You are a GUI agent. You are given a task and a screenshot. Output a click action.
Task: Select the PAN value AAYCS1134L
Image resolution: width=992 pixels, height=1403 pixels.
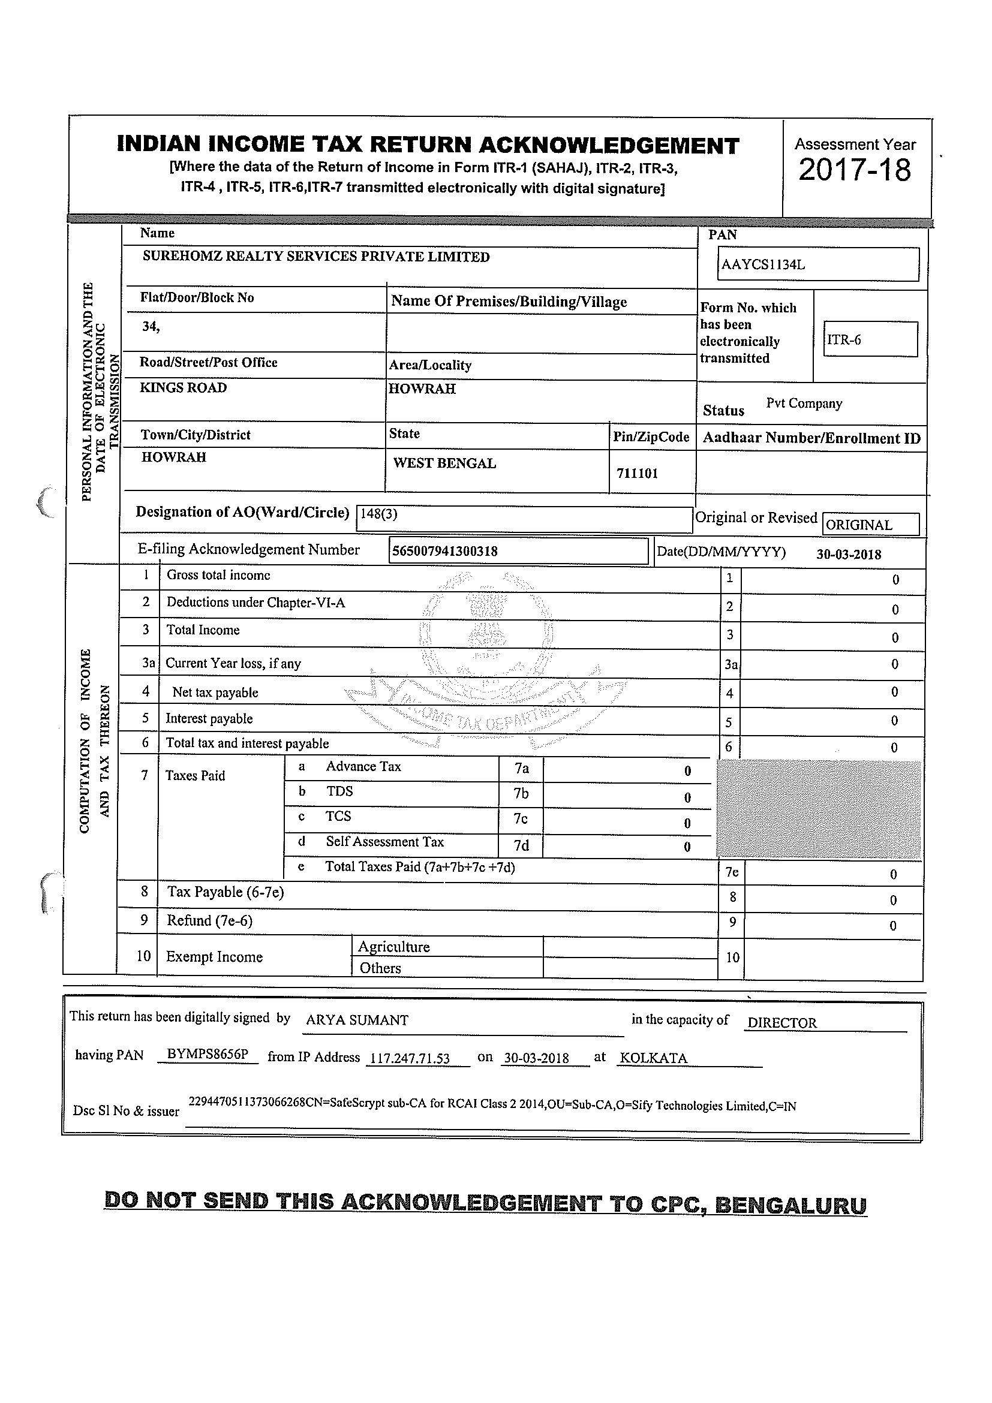[763, 264]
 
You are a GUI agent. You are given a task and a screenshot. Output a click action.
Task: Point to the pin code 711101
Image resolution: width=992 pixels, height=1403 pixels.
[637, 473]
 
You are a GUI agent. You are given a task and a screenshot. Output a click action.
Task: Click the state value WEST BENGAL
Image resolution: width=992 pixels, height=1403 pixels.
[444, 463]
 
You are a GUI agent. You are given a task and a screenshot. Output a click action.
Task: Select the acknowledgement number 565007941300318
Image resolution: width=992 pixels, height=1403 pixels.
[444, 551]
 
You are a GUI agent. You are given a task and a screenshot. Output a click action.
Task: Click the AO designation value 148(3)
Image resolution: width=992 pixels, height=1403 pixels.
[379, 513]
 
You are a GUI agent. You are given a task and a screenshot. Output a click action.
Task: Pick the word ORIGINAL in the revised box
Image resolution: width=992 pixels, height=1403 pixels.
[859, 525]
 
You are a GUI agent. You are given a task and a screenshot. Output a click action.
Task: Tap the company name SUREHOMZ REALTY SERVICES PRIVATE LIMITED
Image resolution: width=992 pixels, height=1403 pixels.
[316, 257]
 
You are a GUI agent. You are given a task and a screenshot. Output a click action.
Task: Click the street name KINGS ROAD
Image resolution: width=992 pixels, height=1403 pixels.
[184, 388]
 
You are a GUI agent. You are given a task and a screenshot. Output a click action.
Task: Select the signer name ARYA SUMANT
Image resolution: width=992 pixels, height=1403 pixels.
[357, 1020]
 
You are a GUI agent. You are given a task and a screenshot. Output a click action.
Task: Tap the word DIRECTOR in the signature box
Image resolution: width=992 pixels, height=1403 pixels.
[781, 1023]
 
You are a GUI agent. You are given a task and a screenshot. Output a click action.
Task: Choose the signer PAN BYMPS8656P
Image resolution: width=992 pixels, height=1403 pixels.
[208, 1055]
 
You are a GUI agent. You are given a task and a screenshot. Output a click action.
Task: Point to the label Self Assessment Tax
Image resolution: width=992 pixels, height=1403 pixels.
[384, 842]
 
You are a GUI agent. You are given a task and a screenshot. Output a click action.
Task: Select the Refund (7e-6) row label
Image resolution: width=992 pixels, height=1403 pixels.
[210, 921]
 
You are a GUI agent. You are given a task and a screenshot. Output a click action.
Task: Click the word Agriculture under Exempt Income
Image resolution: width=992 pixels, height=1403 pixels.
[393, 947]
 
